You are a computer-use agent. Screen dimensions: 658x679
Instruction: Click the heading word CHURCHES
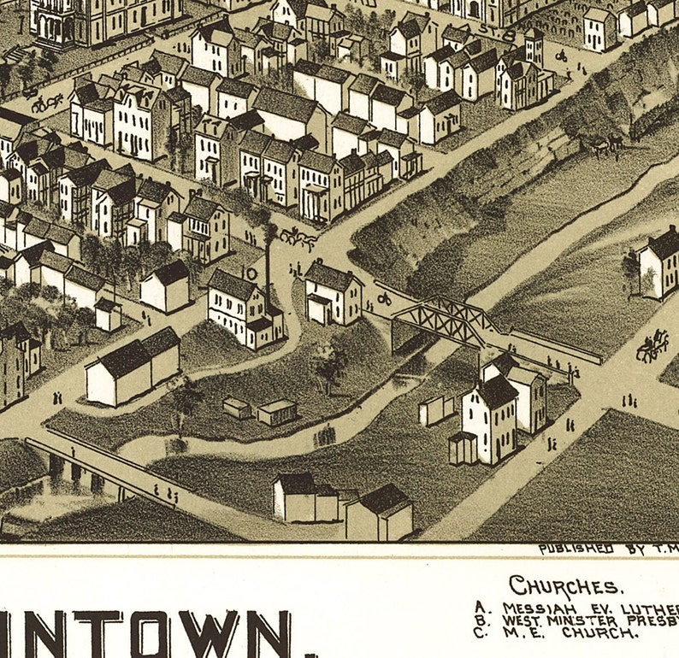[565, 586]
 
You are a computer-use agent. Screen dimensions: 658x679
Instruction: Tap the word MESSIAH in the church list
[532, 608]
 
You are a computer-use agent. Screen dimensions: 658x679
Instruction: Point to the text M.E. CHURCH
[570, 633]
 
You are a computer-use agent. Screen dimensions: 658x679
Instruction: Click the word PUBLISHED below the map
[576, 548]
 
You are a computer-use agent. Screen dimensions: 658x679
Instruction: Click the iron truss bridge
[445, 320]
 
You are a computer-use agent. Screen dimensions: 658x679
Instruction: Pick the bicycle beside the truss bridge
[384, 298]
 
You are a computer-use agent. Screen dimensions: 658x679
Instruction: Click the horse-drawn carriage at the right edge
[652, 344]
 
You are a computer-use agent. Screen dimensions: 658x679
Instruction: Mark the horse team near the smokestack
[298, 238]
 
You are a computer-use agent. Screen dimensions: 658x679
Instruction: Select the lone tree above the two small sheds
[328, 363]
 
